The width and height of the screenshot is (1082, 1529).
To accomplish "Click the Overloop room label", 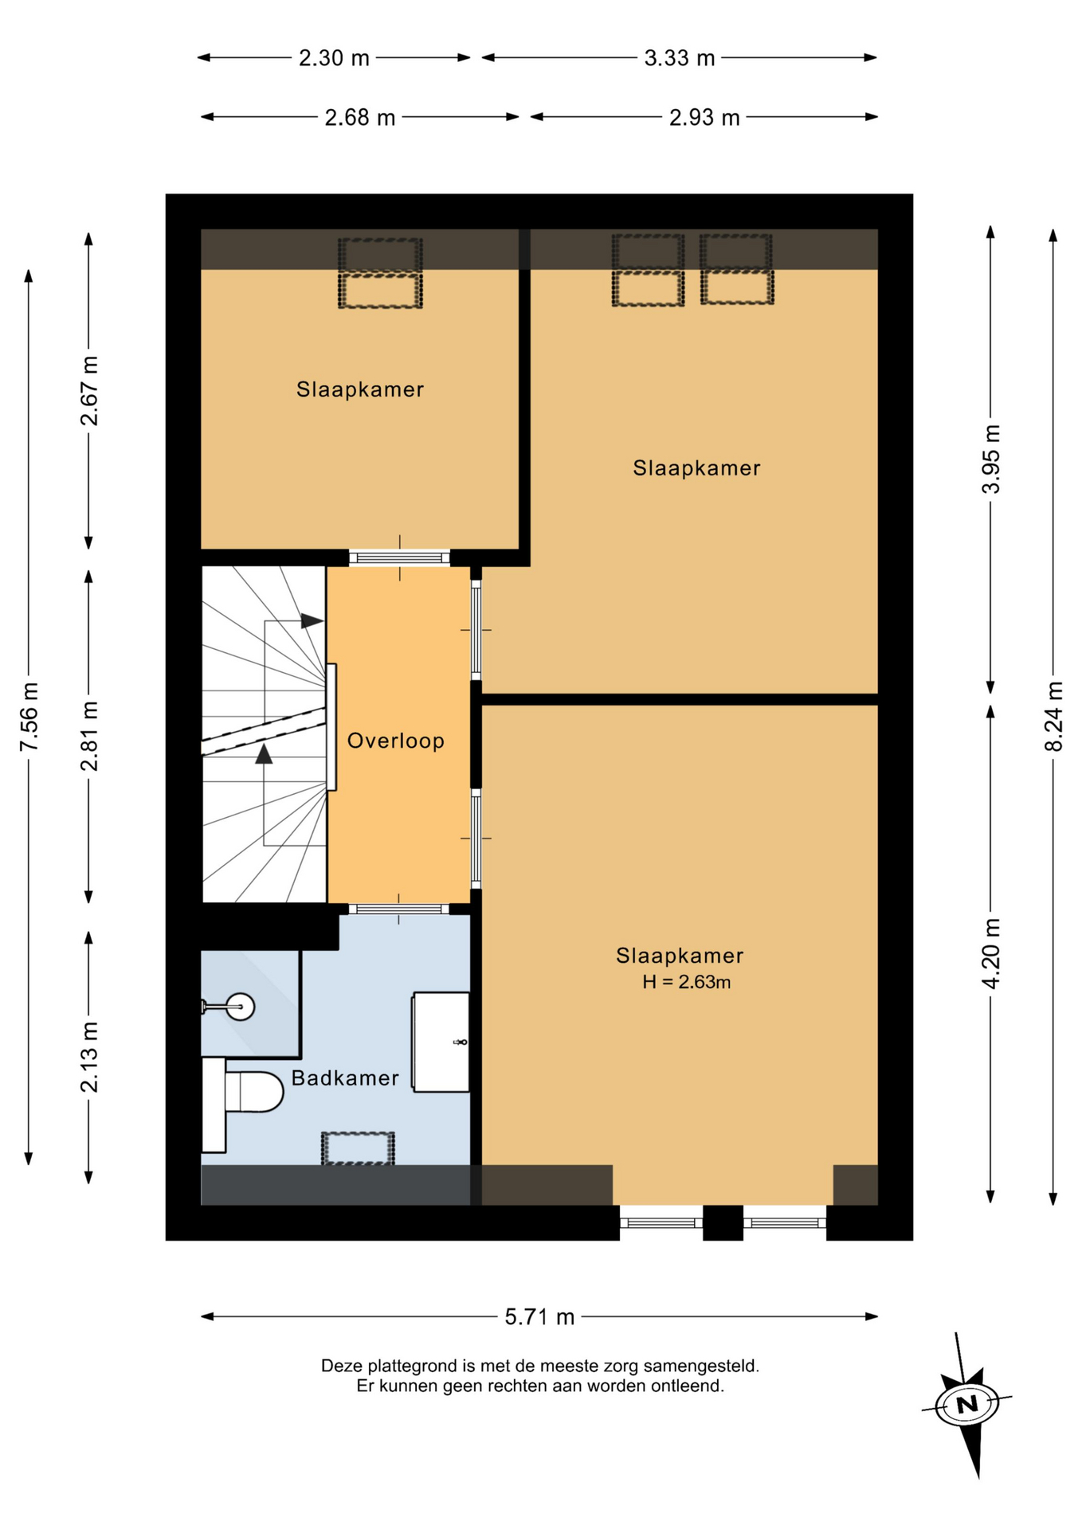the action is pyautogui.click(x=395, y=741).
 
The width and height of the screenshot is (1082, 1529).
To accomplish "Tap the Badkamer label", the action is pyautogui.click(x=345, y=1077).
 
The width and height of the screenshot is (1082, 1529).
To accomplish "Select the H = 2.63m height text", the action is pyautogui.click(x=686, y=982).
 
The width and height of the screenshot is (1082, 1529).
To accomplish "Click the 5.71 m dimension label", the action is pyautogui.click(x=539, y=1316).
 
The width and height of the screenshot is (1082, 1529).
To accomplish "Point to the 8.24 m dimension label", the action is pyautogui.click(x=1053, y=716).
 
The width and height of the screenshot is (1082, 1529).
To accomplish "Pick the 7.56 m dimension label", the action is pyautogui.click(x=29, y=716).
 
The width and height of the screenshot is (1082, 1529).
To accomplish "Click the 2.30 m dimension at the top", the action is pyautogui.click(x=334, y=57).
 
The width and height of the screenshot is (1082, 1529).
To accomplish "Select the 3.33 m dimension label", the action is pyautogui.click(x=679, y=57).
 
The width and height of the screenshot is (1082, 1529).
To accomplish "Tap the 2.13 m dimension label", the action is pyautogui.click(x=89, y=1057).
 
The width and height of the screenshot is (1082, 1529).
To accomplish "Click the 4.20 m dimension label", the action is pyautogui.click(x=990, y=954).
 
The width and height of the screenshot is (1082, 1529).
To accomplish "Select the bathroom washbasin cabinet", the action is pyautogui.click(x=441, y=1042).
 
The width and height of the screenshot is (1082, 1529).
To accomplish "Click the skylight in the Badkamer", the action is pyautogui.click(x=358, y=1148).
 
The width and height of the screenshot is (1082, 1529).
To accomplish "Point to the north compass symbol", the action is pyautogui.click(x=967, y=1403).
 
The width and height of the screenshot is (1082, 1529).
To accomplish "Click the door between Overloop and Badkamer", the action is pyautogui.click(x=399, y=909).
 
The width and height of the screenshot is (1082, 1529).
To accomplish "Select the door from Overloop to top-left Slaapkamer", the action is pyautogui.click(x=399, y=557).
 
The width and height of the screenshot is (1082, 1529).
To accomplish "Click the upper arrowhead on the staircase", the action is pyautogui.click(x=312, y=621).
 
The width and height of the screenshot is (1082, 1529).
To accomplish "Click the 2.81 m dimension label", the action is pyautogui.click(x=89, y=736).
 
